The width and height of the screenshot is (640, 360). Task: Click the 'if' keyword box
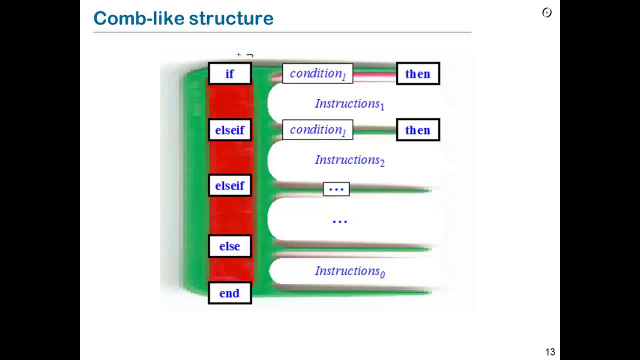click(229, 73)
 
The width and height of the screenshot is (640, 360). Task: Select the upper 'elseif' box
click(229, 130)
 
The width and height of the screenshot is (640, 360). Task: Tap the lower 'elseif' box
click(229, 185)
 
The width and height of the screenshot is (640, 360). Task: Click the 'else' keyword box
click(229, 246)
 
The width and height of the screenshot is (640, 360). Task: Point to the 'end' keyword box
click(229, 293)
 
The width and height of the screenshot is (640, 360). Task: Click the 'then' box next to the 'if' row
click(417, 73)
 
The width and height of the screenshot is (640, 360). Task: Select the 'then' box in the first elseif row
click(417, 130)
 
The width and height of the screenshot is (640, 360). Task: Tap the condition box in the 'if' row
click(317, 73)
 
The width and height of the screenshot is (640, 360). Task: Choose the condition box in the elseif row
click(317, 130)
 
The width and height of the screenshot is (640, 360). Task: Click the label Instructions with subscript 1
click(349, 104)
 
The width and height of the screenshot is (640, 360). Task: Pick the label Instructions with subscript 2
click(349, 160)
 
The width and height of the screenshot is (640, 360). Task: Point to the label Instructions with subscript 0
click(349, 271)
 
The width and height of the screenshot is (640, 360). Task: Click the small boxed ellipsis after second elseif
click(336, 189)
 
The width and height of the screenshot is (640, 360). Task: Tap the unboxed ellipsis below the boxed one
click(339, 220)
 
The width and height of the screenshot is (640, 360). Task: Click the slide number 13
click(549, 352)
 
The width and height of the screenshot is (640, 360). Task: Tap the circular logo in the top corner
click(547, 12)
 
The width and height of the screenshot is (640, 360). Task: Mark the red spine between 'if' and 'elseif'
click(230, 102)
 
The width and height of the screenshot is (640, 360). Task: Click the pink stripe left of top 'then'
click(375, 74)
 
